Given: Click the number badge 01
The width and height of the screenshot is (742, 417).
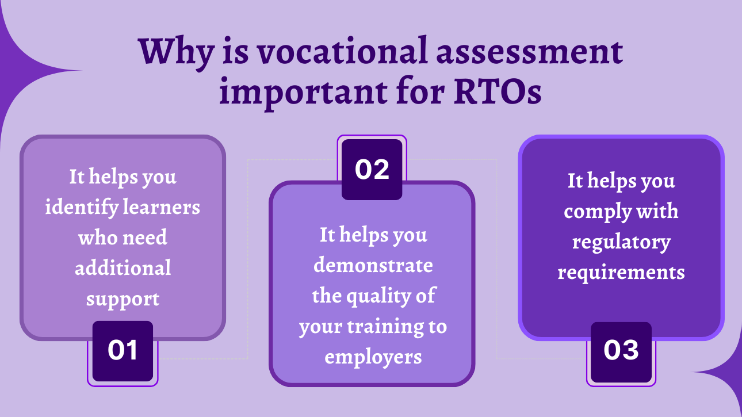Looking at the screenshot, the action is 123,351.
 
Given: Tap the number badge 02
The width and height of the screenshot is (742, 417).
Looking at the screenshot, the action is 372,169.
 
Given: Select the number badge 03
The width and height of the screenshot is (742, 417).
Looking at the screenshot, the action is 621,352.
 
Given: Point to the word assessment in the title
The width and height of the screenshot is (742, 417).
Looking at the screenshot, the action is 530,53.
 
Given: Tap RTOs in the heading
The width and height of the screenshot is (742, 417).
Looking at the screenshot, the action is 498,91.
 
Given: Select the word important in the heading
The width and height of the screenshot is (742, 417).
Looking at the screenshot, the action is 304,92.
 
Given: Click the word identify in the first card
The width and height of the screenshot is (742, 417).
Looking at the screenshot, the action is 82,208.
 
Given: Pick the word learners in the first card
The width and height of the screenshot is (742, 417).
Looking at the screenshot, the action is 161,207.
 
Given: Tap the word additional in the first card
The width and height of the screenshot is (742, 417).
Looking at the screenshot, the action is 123,267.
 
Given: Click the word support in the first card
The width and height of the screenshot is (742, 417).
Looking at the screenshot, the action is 123,299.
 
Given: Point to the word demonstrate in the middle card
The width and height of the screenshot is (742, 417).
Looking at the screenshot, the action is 373,265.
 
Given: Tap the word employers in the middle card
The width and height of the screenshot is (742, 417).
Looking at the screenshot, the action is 373,358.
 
